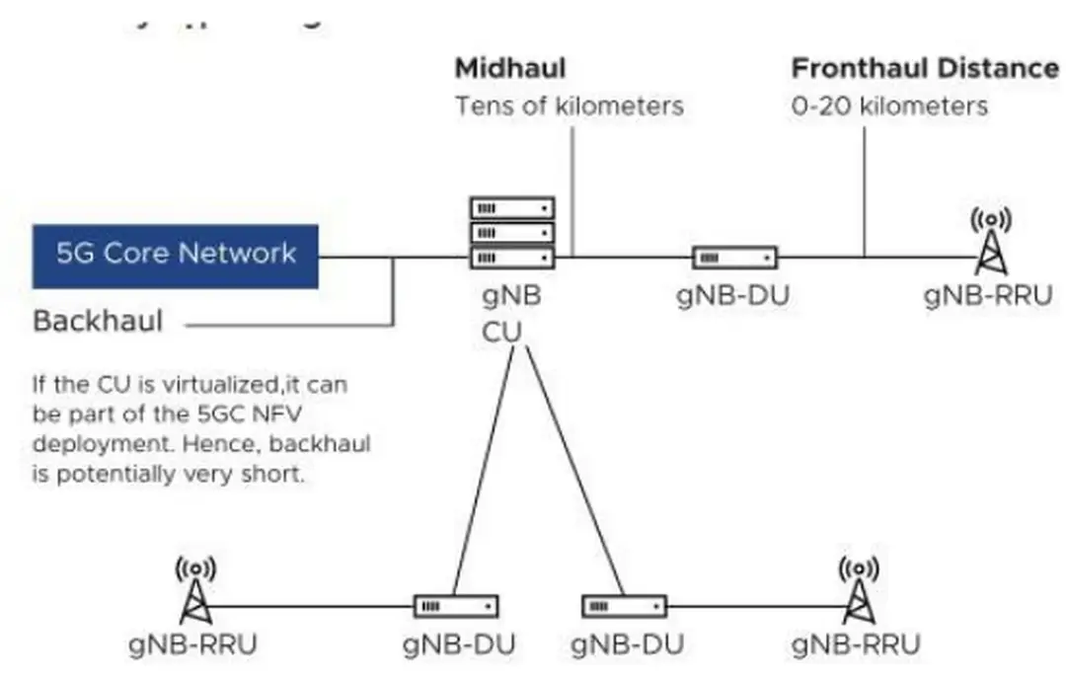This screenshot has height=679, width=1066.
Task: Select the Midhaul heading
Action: (x=509, y=69)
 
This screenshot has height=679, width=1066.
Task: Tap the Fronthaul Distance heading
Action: (x=925, y=69)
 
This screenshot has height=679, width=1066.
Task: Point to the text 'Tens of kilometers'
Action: (x=569, y=106)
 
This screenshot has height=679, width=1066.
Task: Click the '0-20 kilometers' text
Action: (x=888, y=106)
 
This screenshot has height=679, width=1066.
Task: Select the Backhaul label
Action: (x=98, y=322)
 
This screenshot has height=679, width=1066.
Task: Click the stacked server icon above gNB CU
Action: (x=511, y=233)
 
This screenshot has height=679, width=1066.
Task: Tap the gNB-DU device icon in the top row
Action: (x=734, y=258)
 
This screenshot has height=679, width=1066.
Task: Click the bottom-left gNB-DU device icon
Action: (x=455, y=605)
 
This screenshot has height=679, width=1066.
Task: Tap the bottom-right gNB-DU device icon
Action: (x=624, y=605)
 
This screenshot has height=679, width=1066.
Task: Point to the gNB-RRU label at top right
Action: (x=988, y=295)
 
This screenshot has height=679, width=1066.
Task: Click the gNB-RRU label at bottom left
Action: (x=193, y=644)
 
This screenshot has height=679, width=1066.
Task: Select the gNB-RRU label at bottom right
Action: (x=856, y=644)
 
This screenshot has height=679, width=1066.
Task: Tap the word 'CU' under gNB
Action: (x=500, y=333)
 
